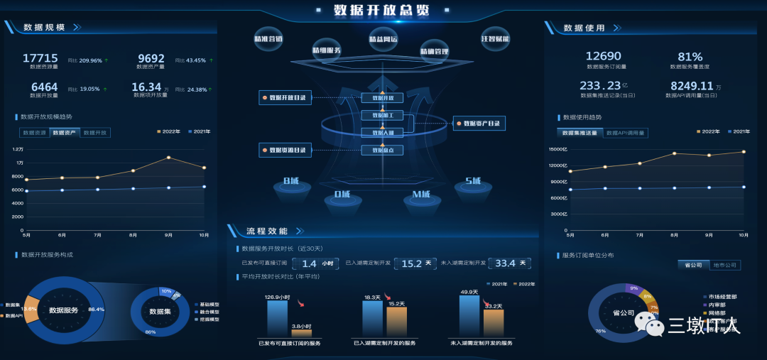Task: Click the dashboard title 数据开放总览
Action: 383,11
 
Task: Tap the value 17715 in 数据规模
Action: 40,58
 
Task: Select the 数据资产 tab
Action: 65,133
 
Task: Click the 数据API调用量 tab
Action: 626,133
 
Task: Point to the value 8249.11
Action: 690,86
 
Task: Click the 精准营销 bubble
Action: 268,39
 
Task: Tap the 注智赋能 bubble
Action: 495,38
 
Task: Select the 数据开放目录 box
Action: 286,97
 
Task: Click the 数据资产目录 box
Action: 481,124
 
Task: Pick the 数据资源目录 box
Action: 286,150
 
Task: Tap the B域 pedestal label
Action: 291,182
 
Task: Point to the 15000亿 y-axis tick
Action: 557,150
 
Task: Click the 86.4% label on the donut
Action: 96,310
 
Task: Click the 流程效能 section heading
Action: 266,231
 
